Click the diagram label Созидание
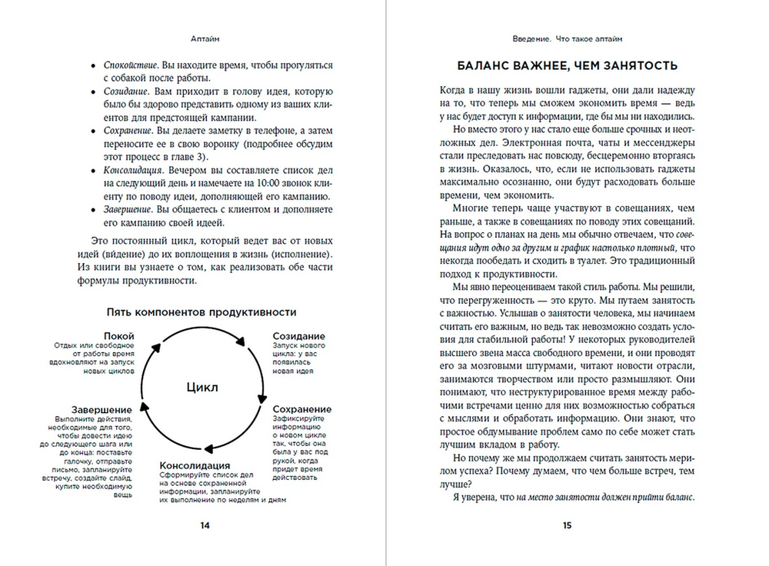pyautogui.click(x=298, y=336)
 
